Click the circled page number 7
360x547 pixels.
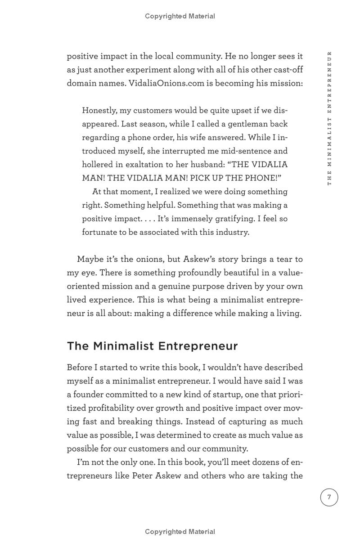(329, 497)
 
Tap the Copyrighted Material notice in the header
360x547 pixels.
(180, 16)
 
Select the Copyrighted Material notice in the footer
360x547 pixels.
(180, 532)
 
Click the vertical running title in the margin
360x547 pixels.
(329, 118)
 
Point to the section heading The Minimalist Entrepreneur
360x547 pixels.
(152, 346)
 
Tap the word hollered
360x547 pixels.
(98, 165)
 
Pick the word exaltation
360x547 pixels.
(154, 165)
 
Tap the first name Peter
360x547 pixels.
(142, 475)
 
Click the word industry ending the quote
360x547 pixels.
(232, 232)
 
